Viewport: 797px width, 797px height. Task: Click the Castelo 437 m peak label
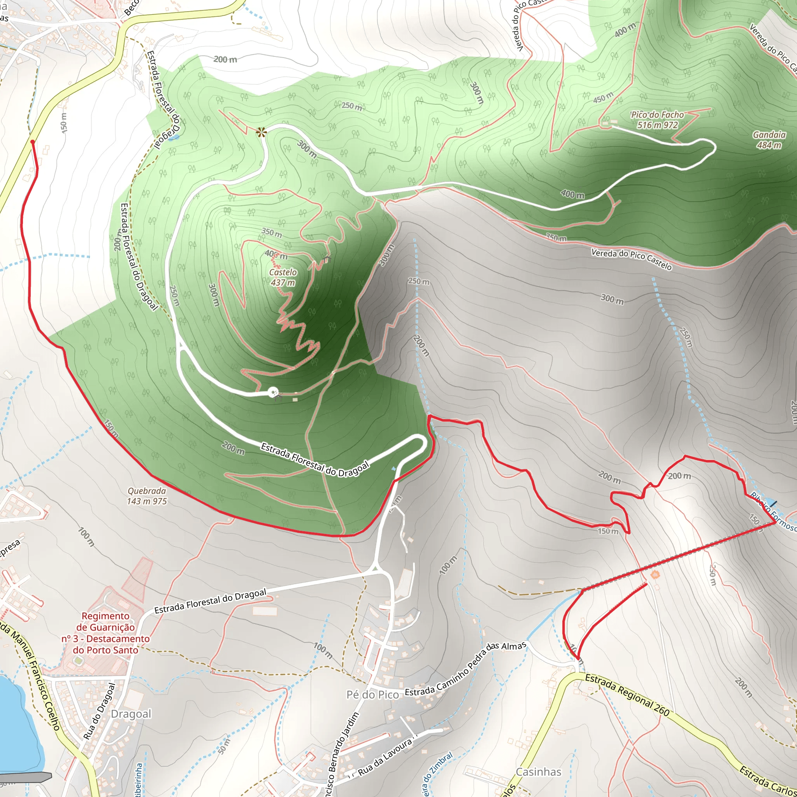pyautogui.click(x=283, y=277)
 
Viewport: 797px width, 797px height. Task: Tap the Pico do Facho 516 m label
pyautogui.click(x=657, y=119)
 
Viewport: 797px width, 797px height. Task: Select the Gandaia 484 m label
pyautogui.click(x=769, y=139)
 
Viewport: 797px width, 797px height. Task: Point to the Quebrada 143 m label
pyautogui.click(x=147, y=496)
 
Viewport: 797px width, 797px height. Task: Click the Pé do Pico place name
pyautogui.click(x=372, y=695)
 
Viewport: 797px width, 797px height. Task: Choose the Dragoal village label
pyautogui.click(x=131, y=714)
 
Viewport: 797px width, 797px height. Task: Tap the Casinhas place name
pyautogui.click(x=538, y=771)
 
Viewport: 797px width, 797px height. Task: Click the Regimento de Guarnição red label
pyautogui.click(x=105, y=633)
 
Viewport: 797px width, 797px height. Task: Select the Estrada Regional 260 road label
pyautogui.click(x=627, y=694)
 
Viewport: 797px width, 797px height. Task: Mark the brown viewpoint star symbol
pyautogui.click(x=261, y=132)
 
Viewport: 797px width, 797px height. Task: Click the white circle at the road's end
pyautogui.click(x=273, y=392)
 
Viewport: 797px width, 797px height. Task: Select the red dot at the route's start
pyautogui.click(x=32, y=142)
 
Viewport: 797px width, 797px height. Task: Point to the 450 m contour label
pyautogui.click(x=603, y=98)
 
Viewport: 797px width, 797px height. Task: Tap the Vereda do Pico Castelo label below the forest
pyautogui.click(x=631, y=259)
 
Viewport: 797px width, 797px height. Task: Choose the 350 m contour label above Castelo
pyautogui.click(x=272, y=233)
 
